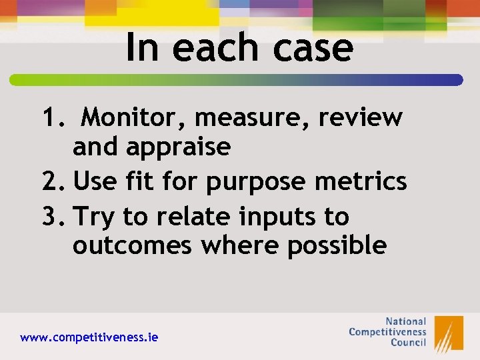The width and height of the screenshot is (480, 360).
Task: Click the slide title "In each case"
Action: pos(239,48)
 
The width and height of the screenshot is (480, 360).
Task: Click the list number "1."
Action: pos(53,118)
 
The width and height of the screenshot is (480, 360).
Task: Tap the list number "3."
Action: pos(53,216)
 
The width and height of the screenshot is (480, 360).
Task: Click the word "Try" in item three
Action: pos(96,217)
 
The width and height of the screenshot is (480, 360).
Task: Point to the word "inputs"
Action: pos(279,217)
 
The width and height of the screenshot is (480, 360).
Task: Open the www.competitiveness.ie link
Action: pos(89,338)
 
